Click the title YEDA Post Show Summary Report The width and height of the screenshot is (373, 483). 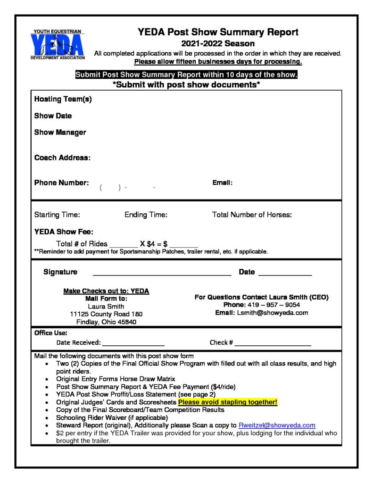pyautogui.click(x=218, y=32)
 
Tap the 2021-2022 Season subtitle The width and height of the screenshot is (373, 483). pyautogui.click(x=218, y=43)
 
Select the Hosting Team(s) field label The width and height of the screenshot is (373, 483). pyautogui.click(x=63, y=99)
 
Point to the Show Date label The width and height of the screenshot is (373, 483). pyautogui.click(x=53, y=116)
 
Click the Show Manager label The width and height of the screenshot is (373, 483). pyautogui.click(x=60, y=132)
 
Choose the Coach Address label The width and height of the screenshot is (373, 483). pyautogui.click(x=62, y=158)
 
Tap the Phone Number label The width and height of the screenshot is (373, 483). pyautogui.click(x=61, y=183)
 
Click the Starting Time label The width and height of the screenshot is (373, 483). pyautogui.click(x=57, y=215)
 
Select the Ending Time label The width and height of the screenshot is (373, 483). pyautogui.click(x=146, y=215)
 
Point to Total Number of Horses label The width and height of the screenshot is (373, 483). pyautogui.click(x=252, y=215)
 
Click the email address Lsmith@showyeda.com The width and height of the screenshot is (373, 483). pyautogui.click(x=272, y=313)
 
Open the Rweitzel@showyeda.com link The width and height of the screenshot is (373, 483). pyautogui.click(x=277, y=425)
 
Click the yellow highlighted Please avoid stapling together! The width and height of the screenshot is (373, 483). pyautogui.click(x=228, y=402)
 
